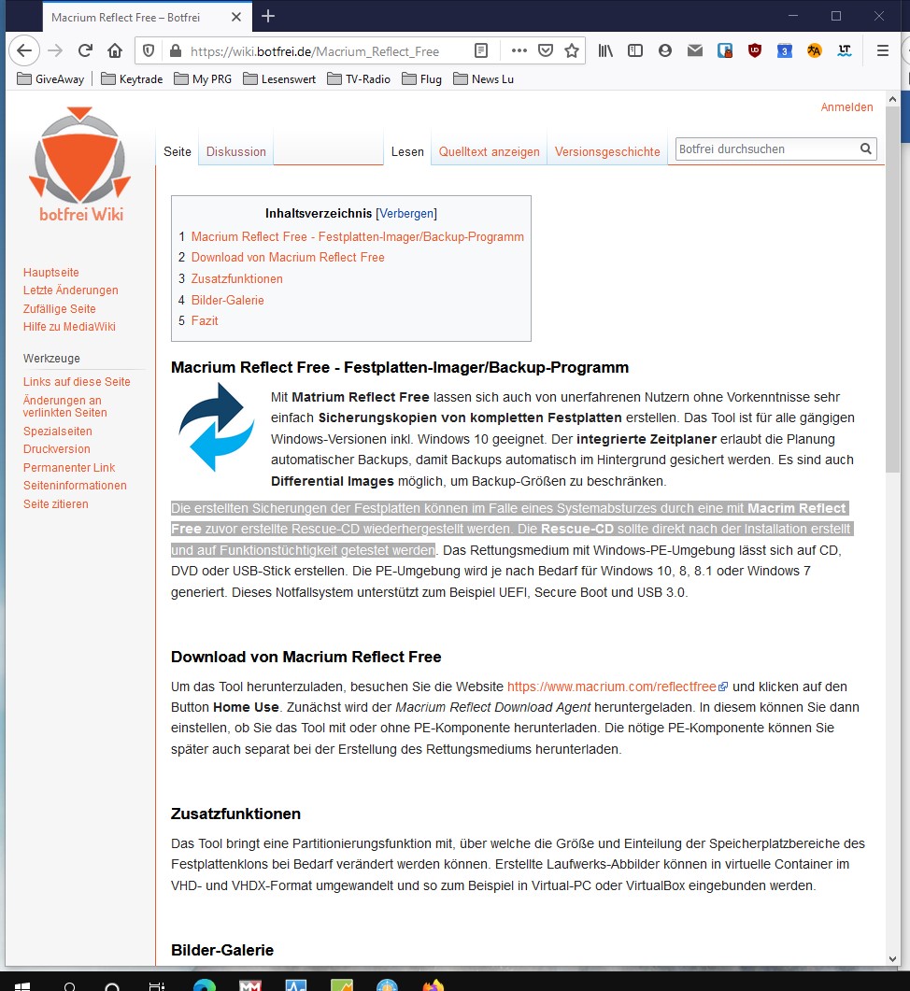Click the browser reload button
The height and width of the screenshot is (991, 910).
tap(85, 51)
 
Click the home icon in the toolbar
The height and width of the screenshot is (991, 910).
tap(115, 51)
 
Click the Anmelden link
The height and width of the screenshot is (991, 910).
tap(846, 107)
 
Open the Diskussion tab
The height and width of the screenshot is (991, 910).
tap(236, 151)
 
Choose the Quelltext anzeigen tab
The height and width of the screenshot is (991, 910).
tap(489, 151)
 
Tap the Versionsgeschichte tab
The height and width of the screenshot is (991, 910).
tap(607, 151)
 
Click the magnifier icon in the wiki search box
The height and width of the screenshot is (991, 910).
tap(866, 149)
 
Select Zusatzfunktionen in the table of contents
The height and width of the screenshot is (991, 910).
tap(236, 279)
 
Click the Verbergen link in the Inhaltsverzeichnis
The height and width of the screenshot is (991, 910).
tap(406, 213)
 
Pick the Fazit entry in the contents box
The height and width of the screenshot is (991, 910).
tap(205, 321)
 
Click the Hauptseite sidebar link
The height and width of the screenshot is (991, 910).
tap(51, 273)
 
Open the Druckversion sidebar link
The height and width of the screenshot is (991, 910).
tap(57, 449)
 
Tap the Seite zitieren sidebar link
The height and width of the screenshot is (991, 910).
tap(56, 504)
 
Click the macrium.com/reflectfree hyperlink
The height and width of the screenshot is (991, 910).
tap(612, 686)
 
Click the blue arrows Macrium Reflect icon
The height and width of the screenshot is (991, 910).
tap(216, 427)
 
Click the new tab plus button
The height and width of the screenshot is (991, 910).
tap(268, 16)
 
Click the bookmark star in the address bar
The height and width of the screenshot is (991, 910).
tap(572, 51)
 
